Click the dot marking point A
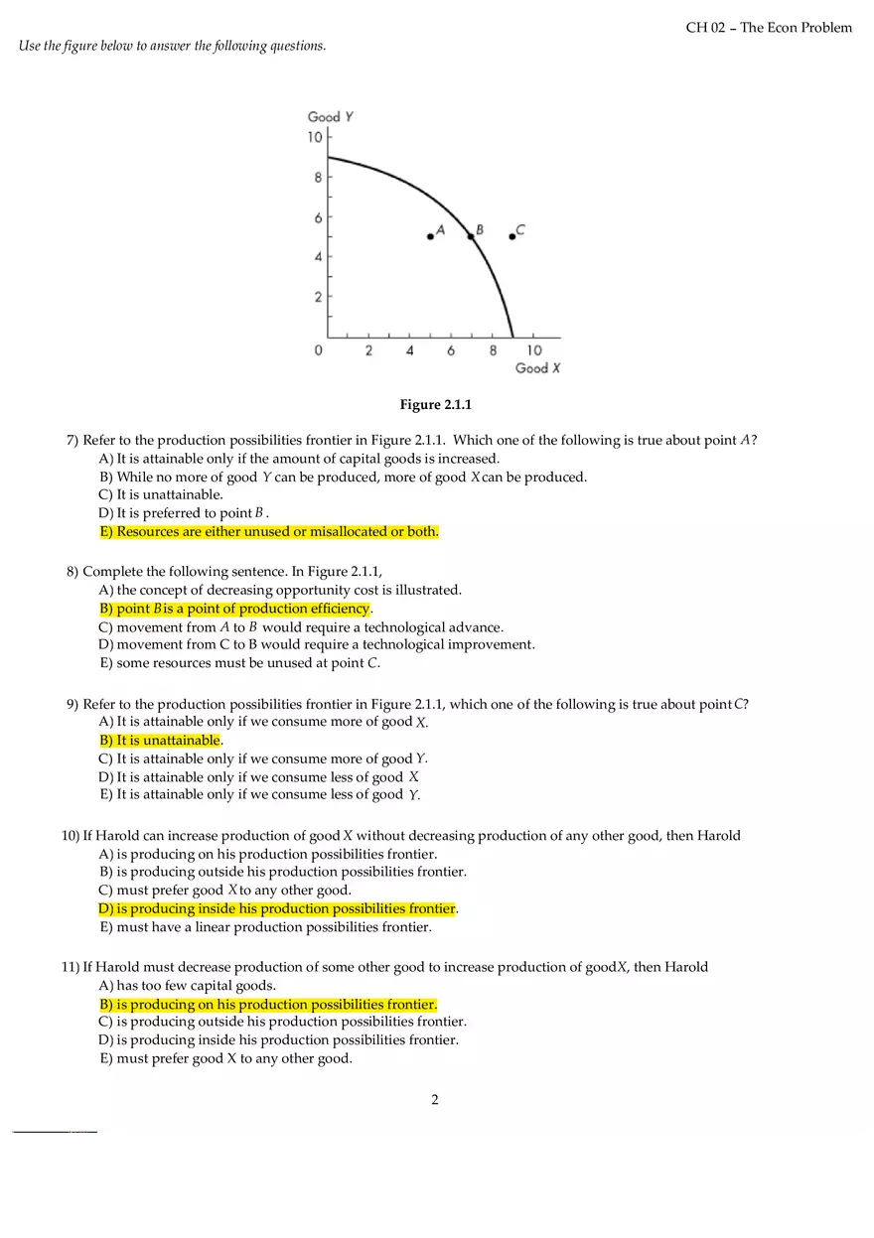tap(430, 236)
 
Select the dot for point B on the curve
tap(471, 236)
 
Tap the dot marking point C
tap(511, 236)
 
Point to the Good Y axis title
tap(331, 117)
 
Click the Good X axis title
tap(537, 368)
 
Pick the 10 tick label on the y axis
tap(315, 137)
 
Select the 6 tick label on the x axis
tap(451, 350)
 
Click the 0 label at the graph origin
tap(318, 350)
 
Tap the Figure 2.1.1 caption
tap(435, 405)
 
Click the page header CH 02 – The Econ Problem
tap(768, 28)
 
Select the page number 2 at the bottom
tap(435, 1099)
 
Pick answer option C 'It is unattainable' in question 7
tap(161, 494)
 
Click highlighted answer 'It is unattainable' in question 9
tap(160, 741)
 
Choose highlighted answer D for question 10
tap(277, 909)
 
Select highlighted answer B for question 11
tap(267, 1005)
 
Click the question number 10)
tap(71, 836)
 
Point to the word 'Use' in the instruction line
tap(30, 47)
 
